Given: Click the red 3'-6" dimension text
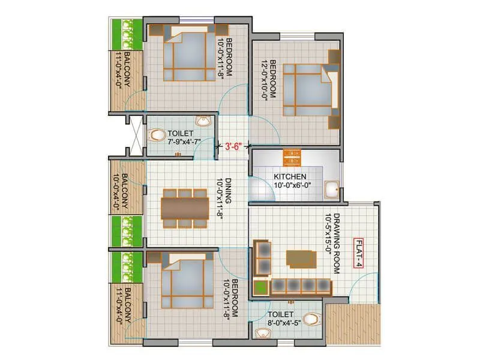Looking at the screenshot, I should coord(233,145).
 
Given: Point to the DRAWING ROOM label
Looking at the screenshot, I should coord(337,244).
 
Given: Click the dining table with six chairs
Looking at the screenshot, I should coord(184,208).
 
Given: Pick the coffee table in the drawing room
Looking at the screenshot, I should coord(301,258).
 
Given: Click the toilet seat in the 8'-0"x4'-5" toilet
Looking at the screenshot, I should coord(311,319).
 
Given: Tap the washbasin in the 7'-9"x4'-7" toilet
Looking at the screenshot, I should coord(204,122).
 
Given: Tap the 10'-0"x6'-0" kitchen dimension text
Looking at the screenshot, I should coord(290,185).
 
